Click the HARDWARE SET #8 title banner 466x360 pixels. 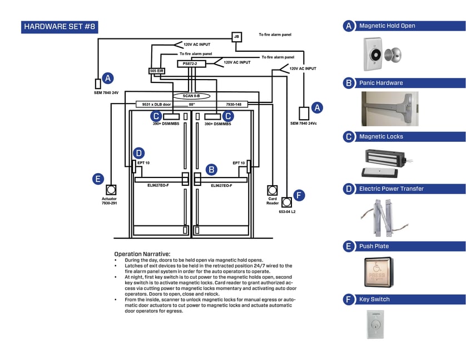click(x=60, y=27)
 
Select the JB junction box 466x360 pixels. click(x=236, y=37)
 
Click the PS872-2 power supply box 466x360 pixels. click(x=190, y=64)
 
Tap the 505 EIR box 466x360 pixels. click(x=157, y=71)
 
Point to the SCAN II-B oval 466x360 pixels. click(x=191, y=96)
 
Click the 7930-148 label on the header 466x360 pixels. click(x=233, y=104)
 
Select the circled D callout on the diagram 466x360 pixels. click(x=139, y=153)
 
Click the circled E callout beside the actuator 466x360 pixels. click(x=98, y=179)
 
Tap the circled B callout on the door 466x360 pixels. click(x=211, y=169)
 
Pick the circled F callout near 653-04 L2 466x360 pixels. click(x=299, y=195)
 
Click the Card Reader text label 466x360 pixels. click(x=272, y=201)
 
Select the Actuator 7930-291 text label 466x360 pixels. click(x=109, y=201)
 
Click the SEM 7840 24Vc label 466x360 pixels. click(x=303, y=123)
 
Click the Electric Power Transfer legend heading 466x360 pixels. click(x=391, y=189)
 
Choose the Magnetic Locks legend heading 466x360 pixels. click(x=381, y=136)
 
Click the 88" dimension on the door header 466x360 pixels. click(x=192, y=104)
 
